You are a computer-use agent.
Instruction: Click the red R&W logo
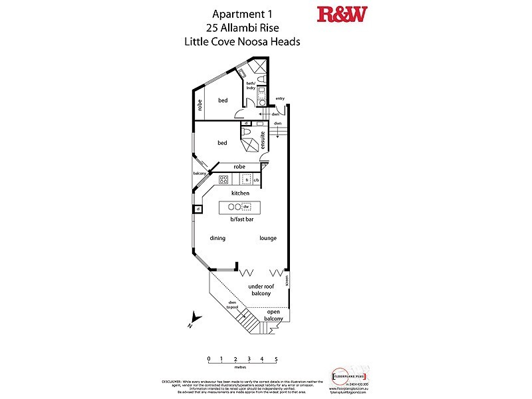point(342,15)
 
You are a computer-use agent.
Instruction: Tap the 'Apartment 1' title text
point(242,13)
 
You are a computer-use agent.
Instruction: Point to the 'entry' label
point(280,98)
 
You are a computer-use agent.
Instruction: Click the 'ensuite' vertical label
point(263,141)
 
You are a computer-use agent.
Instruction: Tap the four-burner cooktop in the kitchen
point(224,179)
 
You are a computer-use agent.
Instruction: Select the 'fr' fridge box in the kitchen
point(246,179)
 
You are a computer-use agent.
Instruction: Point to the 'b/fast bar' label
point(241,219)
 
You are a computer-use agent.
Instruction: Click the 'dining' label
point(217,238)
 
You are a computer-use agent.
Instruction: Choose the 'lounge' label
point(268,238)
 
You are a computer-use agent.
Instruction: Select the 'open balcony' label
point(273,315)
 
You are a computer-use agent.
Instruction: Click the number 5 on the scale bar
point(276,358)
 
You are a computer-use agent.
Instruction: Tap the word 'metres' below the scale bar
point(240,366)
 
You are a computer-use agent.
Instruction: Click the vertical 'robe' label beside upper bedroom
point(199,104)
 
